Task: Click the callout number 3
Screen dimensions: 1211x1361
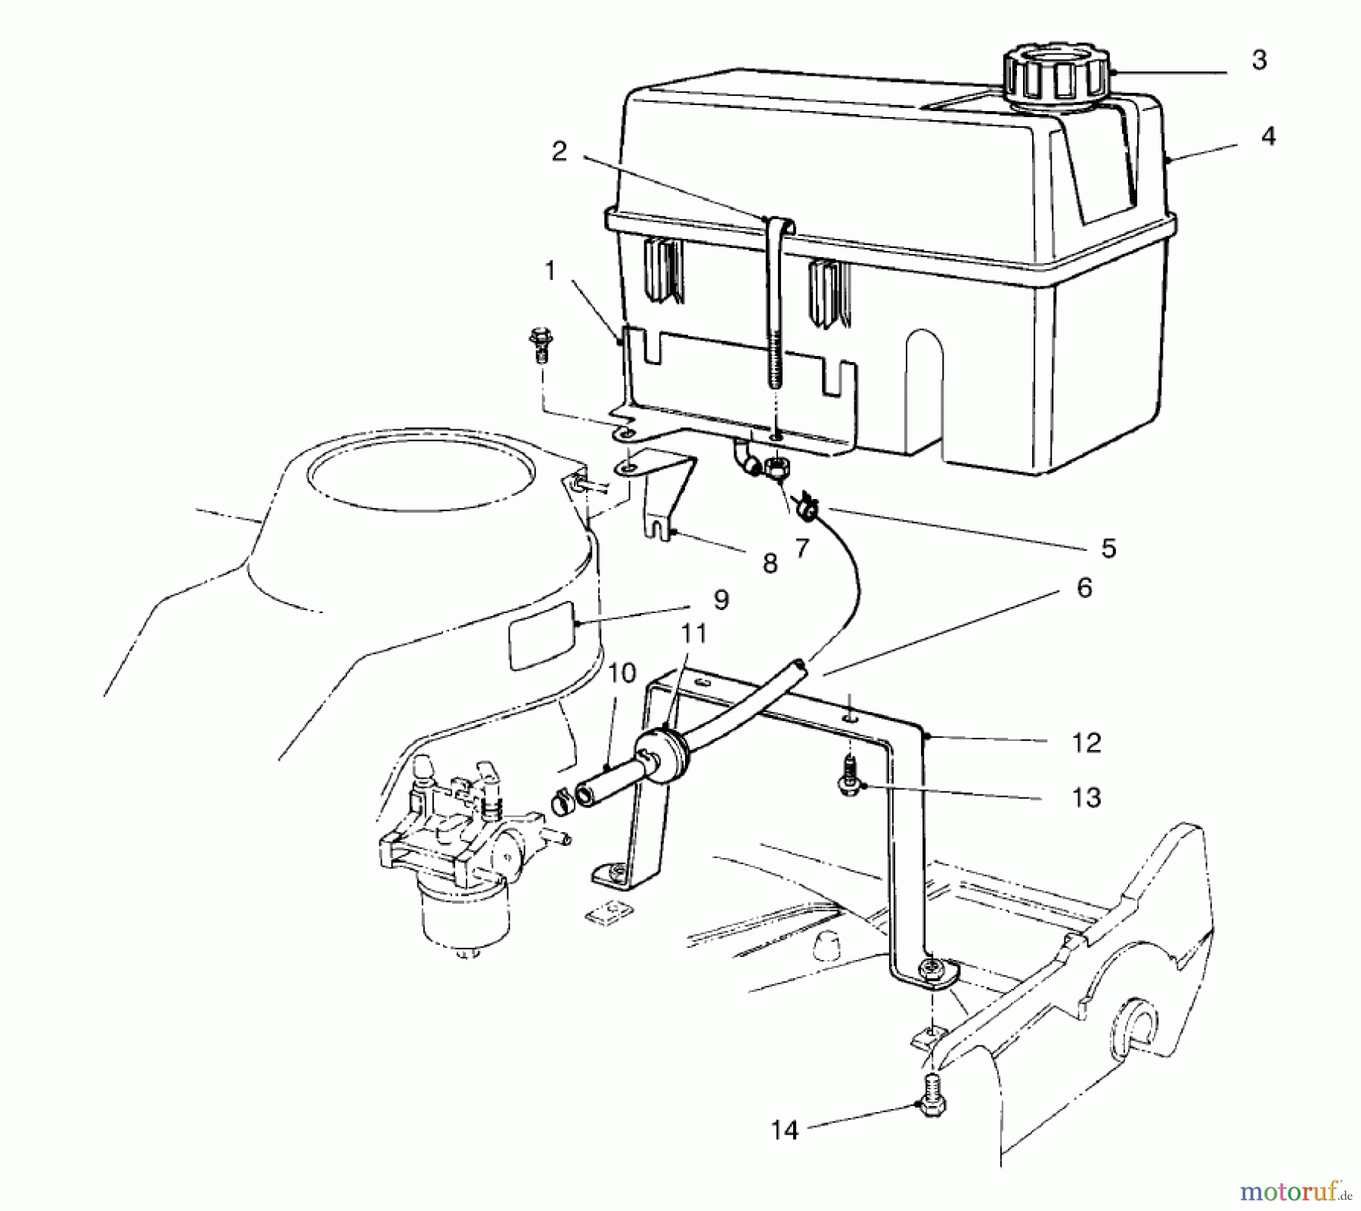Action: (x=1258, y=60)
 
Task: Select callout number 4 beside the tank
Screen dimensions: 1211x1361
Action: (x=1268, y=136)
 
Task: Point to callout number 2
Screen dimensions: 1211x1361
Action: (x=560, y=152)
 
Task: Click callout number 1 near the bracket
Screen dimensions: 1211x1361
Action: (x=550, y=271)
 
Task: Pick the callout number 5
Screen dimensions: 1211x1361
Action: (x=1108, y=548)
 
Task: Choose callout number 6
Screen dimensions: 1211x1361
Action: (x=1084, y=587)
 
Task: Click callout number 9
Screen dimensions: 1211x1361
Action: (x=720, y=599)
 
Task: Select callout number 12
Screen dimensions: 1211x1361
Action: (x=1086, y=742)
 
